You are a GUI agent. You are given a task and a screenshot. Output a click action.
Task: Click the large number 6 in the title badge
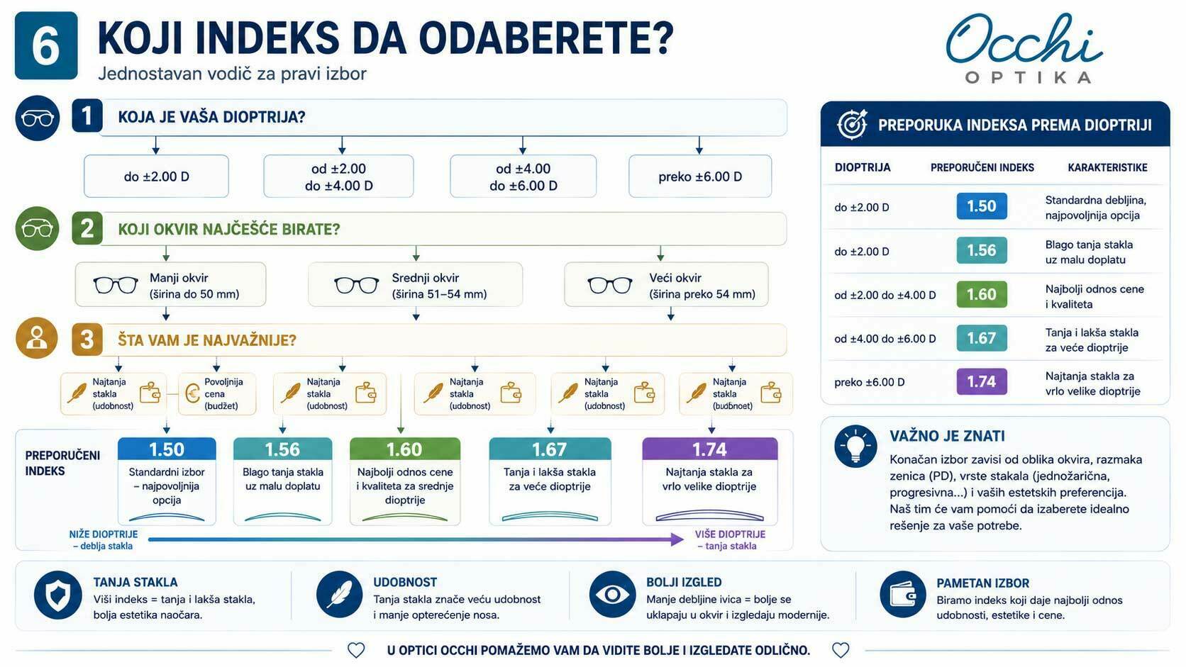pos(46,46)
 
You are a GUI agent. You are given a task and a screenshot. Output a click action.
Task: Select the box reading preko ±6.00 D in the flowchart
pos(700,176)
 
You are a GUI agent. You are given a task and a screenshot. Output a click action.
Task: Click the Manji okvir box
pos(170,284)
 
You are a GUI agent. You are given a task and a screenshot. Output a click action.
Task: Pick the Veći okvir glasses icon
pos(610,285)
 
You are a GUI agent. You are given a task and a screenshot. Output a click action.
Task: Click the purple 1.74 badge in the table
pos(982,381)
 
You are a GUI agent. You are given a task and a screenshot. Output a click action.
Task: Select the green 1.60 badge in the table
pos(982,294)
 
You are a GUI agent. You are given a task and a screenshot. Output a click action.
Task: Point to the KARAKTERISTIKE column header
pos(1108,168)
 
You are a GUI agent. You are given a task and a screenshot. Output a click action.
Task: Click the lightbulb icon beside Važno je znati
pos(855,446)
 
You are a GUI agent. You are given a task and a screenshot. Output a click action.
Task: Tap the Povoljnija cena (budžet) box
pos(217,393)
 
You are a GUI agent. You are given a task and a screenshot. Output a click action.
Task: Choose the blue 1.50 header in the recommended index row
pos(167,449)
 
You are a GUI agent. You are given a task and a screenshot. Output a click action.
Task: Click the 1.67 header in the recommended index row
pos(550,449)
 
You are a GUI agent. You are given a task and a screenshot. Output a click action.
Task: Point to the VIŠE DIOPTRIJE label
pos(730,534)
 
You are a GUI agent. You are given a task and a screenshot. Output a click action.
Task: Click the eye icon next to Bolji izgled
pos(613,594)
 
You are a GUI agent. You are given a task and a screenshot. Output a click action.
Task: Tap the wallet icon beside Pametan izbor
pos(903,595)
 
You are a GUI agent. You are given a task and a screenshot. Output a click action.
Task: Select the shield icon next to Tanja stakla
pos(57,595)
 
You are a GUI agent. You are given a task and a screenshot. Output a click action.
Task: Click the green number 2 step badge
pos(87,228)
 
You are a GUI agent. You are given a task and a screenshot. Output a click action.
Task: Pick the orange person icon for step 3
pos(37,339)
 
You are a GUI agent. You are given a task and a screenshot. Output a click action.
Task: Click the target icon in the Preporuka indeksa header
pos(852,125)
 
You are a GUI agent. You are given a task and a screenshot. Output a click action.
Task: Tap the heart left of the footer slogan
pos(356,650)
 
